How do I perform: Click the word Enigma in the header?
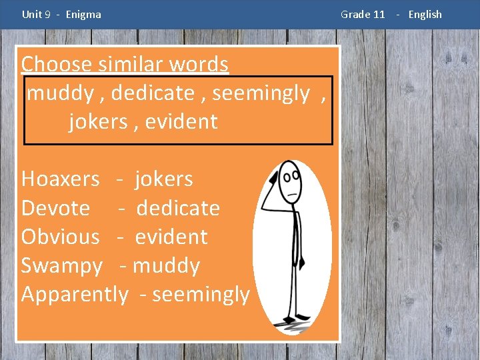coord(83,14)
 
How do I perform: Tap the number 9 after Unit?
coord(47,14)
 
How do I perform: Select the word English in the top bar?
coord(425,14)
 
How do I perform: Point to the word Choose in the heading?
coord(56,64)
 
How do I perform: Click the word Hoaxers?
coord(60,179)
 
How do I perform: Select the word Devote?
coord(55,208)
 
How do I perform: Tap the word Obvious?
coord(60,237)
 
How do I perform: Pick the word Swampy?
coord(61,266)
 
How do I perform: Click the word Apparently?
coord(74,294)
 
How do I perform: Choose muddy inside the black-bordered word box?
coord(60,93)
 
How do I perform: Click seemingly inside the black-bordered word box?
coord(261,93)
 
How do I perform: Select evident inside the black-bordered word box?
coord(181,121)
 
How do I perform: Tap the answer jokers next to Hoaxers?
coord(163,179)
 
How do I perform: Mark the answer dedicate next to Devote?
coord(178,208)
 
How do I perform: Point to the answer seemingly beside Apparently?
coord(201,294)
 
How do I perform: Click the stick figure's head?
coord(291,179)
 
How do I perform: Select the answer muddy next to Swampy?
coord(166,266)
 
